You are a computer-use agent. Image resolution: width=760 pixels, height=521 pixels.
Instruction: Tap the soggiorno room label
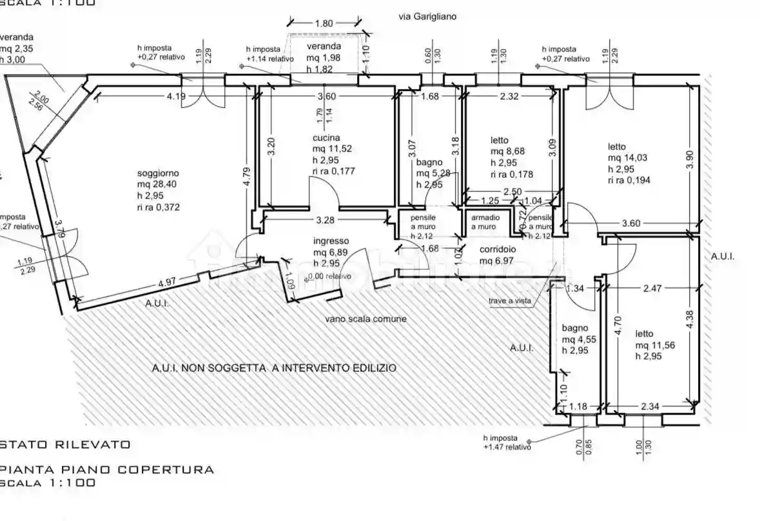158,173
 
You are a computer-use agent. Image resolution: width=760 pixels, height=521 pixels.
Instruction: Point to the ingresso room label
331,241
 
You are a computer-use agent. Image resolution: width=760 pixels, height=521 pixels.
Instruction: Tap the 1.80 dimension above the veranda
324,23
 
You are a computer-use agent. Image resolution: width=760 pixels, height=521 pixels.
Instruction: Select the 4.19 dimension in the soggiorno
175,97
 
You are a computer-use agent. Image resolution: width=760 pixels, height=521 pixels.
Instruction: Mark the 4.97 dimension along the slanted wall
166,282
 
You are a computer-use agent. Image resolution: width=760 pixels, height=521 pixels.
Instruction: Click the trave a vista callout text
509,300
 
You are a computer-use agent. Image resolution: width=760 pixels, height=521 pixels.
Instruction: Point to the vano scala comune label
365,319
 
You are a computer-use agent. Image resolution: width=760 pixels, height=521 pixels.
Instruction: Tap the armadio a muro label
483,222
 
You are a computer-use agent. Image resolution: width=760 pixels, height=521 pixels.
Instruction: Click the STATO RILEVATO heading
66,444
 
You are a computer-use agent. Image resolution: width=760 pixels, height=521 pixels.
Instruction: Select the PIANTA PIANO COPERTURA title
107,469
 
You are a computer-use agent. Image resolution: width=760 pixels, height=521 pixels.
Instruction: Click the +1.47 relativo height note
507,446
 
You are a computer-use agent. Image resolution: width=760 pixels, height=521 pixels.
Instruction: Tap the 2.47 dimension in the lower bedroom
652,289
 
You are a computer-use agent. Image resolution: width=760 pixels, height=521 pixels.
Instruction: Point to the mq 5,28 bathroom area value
434,173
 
